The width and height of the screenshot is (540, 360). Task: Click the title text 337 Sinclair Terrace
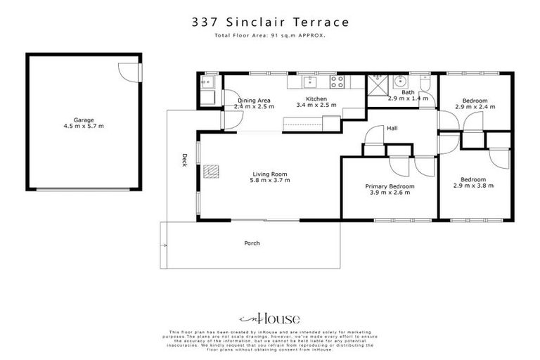pyautogui.click(x=270, y=22)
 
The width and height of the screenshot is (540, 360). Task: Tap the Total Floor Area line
pyautogui.click(x=270, y=34)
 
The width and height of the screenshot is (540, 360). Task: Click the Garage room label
pyautogui.click(x=84, y=120)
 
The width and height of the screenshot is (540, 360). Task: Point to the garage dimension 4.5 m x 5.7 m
pyautogui.click(x=84, y=127)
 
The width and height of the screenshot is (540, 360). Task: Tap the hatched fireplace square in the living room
pyautogui.click(x=210, y=171)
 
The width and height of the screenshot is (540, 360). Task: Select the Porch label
pyautogui.click(x=252, y=243)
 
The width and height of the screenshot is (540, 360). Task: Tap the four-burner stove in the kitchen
pyautogui.click(x=337, y=80)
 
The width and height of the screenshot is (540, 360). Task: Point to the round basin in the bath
pyautogui.click(x=399, y=80)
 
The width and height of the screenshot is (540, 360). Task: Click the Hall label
pyautogui.click(x=392, y=128)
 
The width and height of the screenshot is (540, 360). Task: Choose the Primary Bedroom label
pyautogui.click(x=390, y=186)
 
